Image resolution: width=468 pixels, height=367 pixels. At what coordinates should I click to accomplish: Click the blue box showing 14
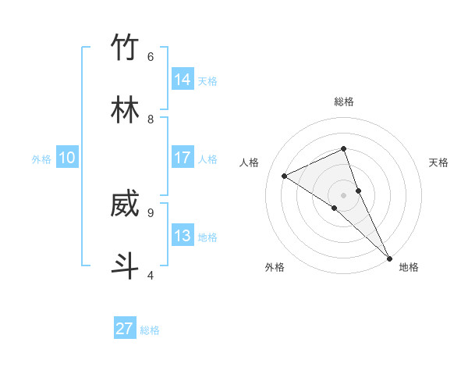(183, 80)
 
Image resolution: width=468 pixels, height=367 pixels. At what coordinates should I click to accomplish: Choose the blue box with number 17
(183, 158)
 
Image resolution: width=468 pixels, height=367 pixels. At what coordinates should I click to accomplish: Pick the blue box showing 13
(183, 236)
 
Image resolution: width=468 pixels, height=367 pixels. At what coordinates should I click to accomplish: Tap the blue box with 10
(67, 158)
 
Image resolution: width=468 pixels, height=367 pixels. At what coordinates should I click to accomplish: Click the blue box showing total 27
(125, 329)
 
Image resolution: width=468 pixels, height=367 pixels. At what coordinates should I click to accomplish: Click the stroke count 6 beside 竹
(151, 57)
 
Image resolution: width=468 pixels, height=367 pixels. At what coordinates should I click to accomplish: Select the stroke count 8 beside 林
(151, 119)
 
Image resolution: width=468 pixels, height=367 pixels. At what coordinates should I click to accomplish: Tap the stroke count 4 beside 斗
(151, 275)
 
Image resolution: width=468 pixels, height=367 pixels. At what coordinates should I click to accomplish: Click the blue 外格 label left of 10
(41, 159)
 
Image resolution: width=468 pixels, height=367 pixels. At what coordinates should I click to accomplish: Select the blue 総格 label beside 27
(150, 330)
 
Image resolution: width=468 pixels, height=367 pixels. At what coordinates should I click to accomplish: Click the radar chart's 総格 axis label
(344, 102)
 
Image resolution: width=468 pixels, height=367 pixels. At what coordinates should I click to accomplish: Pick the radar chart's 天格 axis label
(439, 162)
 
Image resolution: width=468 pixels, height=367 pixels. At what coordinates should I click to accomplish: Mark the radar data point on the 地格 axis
(388, 257)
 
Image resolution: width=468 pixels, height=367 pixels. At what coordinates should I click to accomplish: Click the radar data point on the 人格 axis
(285, 176)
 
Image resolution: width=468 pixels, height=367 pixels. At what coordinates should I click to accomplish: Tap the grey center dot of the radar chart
(344, 194)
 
